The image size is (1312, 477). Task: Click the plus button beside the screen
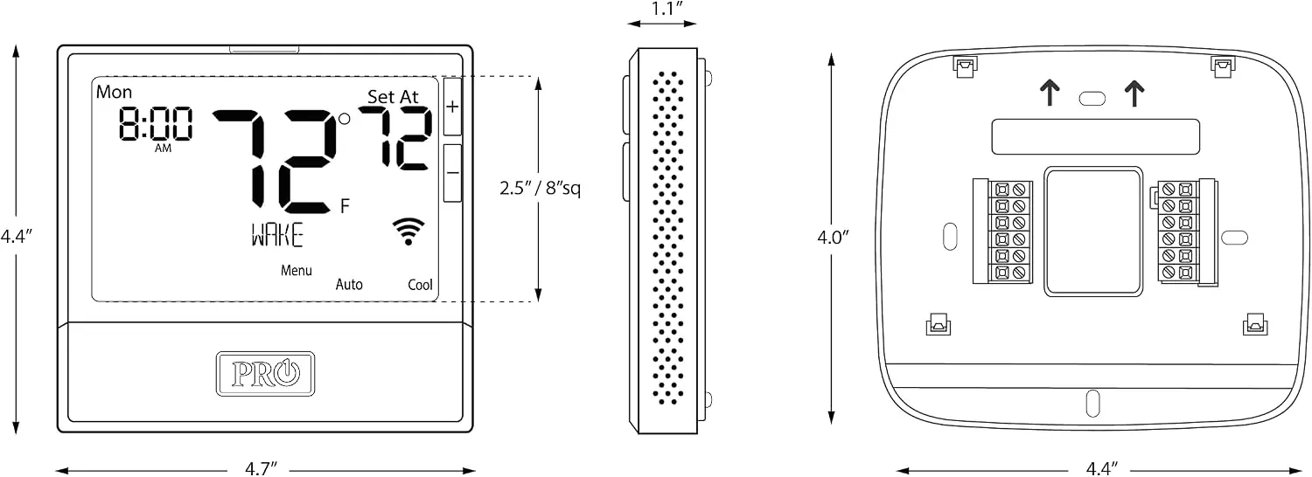click(x=452, y=107)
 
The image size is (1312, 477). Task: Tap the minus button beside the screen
click(x=452, y=173)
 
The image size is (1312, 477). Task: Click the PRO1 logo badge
click(x=265, y=374)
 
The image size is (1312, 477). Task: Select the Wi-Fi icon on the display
click(x=408, y=232)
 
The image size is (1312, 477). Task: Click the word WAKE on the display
click(x=277, y=235)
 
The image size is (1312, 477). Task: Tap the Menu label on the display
click(x=297, y=271)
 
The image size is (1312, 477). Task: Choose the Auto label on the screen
click(x=349, y=285)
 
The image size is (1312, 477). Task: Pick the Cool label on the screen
click(x=420, y=285)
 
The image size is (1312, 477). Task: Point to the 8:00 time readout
click(x=155, y=123)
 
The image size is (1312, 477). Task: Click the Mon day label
click(x=115, y=92)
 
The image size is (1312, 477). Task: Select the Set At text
click(x=393, y=97)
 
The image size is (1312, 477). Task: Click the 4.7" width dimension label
click(x=261, y=469)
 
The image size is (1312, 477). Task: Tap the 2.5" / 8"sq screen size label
click(x=540, y=189)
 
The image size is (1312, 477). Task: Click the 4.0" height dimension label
click(x=833, y=237)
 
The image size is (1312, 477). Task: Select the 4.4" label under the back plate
click(x=1102, y=469)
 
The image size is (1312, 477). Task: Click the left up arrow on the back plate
click(x=1050, y=93)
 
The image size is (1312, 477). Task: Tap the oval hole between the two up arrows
click(x=1092, y=99)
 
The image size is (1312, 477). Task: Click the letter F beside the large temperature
click(x=345, y=205)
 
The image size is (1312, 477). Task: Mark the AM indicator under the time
click(x=163, y=149)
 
